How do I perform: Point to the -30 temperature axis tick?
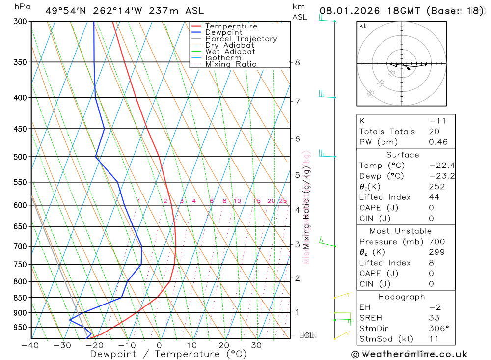(62, 345)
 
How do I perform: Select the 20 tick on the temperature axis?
(224, 345)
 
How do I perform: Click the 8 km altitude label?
(298, 62)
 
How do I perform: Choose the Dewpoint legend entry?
(223, 32)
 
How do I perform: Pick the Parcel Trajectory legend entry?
(241, 39)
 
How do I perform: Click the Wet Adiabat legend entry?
(230, 52)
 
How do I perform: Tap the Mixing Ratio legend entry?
(231, 64)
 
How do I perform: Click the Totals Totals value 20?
(434, 131)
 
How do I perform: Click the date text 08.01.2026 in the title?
(345, 11)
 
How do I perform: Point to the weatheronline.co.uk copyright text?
(409, 354)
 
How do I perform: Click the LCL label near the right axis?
(306, 335)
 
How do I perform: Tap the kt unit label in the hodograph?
(363, 26)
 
